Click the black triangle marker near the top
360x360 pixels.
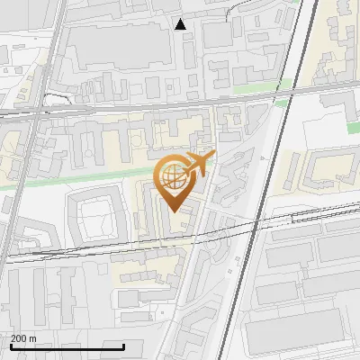point(181,24)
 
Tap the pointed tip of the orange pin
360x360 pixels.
point(173,211)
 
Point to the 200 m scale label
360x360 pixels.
point(23,338)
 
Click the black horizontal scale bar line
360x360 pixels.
point(67,346)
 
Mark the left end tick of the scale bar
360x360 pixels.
point(11,345)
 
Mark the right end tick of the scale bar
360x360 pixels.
point(124,345)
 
